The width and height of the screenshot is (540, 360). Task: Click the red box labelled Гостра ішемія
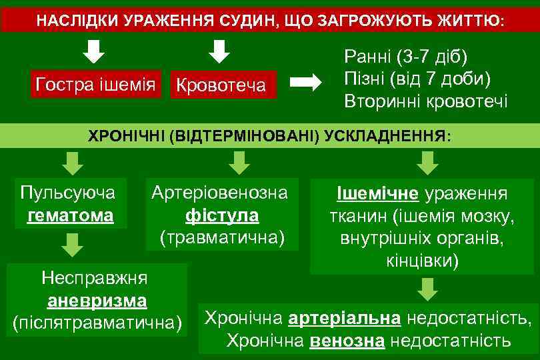click(x=95, y=84)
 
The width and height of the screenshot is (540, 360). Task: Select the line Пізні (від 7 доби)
click(x=417, y=78)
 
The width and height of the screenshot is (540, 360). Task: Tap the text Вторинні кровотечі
click(x=425, y=101)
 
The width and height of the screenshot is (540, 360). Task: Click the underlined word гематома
click(x=70, y=216)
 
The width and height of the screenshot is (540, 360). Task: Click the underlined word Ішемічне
click(x=377, y=194)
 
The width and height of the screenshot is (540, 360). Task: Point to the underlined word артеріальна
click(x=345, y=318)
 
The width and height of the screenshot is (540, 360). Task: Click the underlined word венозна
click(x=347, y=341)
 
